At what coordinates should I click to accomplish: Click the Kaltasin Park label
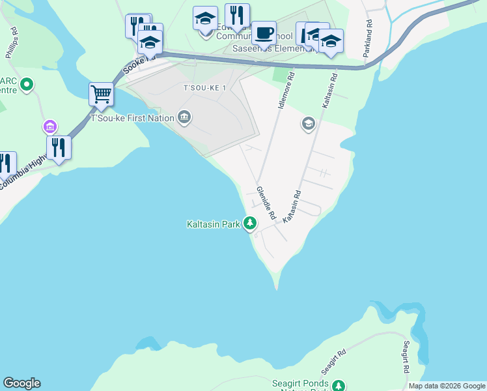click(214, 224)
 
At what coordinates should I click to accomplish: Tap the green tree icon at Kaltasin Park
click(250, 224)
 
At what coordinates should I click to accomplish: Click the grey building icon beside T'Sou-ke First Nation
click(184, 117)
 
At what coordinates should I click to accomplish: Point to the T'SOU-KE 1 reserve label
click(204, 88)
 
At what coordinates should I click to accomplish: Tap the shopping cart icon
click(101, 94)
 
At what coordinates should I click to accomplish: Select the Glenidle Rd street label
click(266, 202)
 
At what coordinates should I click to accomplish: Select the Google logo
click(21, 383)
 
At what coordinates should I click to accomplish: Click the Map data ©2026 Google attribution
click(446, 386)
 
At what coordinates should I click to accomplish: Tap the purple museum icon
click(49, 126)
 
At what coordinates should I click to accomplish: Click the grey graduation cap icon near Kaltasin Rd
click(308, 123)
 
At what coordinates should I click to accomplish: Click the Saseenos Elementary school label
click(274, 49)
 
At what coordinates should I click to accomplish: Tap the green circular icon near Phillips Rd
click(27, 84)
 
